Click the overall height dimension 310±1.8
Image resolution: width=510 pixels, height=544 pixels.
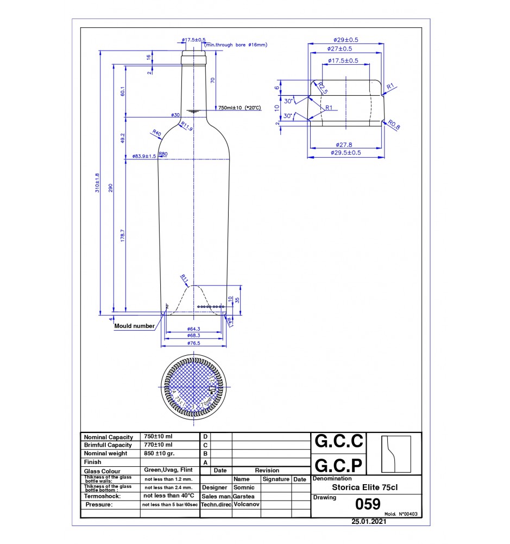tap(98, 183)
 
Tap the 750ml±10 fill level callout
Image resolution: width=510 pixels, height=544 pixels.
tap(240, 108)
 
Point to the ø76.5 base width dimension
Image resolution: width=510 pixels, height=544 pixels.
tap(194, 343)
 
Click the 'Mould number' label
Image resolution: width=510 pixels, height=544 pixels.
tap(134, 326)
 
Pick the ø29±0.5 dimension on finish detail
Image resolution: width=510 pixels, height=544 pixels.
tap(346, 40)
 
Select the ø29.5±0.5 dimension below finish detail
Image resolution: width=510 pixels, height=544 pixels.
tap(346, 153)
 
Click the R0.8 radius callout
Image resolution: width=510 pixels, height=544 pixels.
tap(394, 126)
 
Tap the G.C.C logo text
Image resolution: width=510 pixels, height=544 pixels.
tap(338, 441)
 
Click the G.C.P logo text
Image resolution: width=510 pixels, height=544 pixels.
tap(338, 466)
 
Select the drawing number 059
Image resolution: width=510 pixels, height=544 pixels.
tap(367, 504)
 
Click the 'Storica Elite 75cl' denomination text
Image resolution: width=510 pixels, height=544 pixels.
tap(364, 487)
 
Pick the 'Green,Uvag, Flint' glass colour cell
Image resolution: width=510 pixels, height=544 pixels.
tap(168, 471)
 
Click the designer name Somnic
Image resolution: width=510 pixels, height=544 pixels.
tap(243, 487)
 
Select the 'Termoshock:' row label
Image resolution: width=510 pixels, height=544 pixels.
tap(102, 496)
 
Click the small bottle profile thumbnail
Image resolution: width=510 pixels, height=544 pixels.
tap(395, 454)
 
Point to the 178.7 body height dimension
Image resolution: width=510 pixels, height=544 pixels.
tap(123, 236)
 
